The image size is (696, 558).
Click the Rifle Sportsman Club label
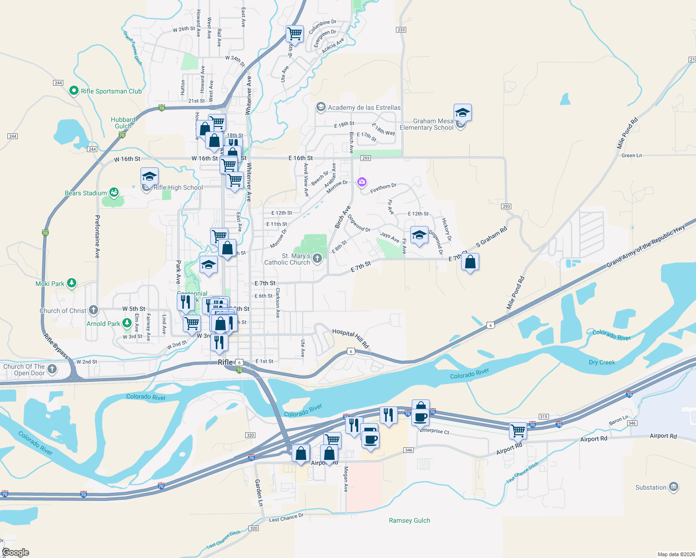(x=111, y=91)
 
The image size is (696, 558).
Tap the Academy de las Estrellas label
(x=364, y=107)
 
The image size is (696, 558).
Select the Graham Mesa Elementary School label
(x=426, y=124)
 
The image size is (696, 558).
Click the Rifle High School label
(x=178, y=187)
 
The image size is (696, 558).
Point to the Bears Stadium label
(x=86, y=193)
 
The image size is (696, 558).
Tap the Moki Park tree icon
(x=71, y=283)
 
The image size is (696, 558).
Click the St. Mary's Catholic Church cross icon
(x=317, y=259)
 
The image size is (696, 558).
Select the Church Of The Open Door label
(x=24, y=370)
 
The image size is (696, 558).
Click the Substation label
(x=651, y=487)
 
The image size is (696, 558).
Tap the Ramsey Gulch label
(x=409, y=520)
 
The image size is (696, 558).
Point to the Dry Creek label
(x=602, y=362)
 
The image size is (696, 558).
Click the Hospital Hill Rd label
(x=350, y=339)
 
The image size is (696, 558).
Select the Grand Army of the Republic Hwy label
(x=646, y=246)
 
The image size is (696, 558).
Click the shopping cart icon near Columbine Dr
(x=294, y=33)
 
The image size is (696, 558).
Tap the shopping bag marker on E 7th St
(x=470, y=262)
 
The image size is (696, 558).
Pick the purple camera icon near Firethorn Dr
(x=362, y=182)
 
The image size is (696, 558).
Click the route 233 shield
(x=401, y=30)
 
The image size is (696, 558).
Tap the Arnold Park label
(x=103, y=324)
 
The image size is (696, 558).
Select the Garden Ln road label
(x=259, y=493)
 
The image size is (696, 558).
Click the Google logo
(x=15, y=552)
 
